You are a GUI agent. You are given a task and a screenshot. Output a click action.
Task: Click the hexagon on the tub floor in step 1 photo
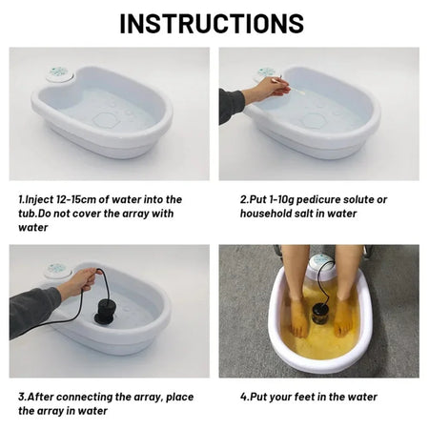pyautogui.click(x=106, y=121)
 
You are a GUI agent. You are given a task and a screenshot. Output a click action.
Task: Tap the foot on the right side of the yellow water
pyautogui.click(x=343, y=314)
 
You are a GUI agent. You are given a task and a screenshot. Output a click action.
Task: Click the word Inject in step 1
pyautogui.click(x=42, y=199)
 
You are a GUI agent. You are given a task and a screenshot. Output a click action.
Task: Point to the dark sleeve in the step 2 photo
pyautogui.click(x=232, y=105)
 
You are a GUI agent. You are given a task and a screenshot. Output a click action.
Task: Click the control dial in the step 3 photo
pyautogui.click(x=58, y=271)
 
